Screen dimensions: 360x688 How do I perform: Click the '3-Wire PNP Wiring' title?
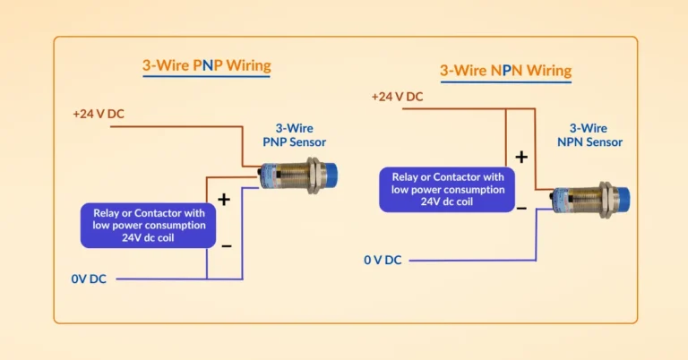pos(206,65)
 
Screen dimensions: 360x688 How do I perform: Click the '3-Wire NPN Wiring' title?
pos(505,70)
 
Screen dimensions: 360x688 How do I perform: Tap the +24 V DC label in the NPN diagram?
pos(397,97)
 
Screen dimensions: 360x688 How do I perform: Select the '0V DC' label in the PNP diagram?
pos(89,279)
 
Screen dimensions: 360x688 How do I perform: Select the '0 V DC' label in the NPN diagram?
pos(383,260)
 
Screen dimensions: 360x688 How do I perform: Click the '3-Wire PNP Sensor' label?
pos(294,135)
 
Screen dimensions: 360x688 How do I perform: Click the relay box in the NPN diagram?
pos(443,189)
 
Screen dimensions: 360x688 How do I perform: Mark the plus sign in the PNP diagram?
pos(224,199)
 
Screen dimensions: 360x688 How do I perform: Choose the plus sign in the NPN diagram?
pos(520,157)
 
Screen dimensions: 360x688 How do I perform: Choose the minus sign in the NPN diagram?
pos(520,207)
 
